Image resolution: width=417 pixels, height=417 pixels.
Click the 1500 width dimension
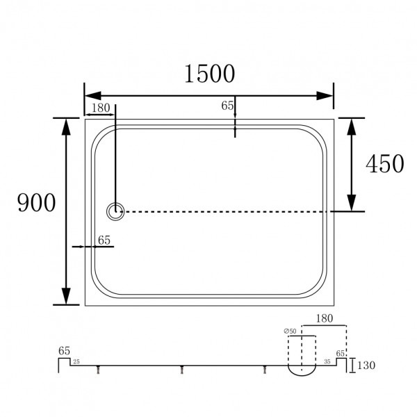[x=209, y=73]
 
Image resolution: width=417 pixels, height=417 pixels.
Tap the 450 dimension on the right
[x=384, y=163]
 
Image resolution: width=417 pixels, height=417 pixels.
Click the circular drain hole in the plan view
[x=115, y=211]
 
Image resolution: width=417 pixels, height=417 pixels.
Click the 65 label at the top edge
[x=227, y=106]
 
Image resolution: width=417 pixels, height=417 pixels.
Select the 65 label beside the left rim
[x=104, y=240]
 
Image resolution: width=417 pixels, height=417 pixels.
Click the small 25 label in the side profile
[x=76, y=362]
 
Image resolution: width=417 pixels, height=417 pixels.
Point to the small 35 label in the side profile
[x=327, y=362]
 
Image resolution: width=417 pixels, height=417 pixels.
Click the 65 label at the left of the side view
[x=63, y=352]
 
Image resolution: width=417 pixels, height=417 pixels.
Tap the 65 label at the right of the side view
[x=341, y=354]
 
